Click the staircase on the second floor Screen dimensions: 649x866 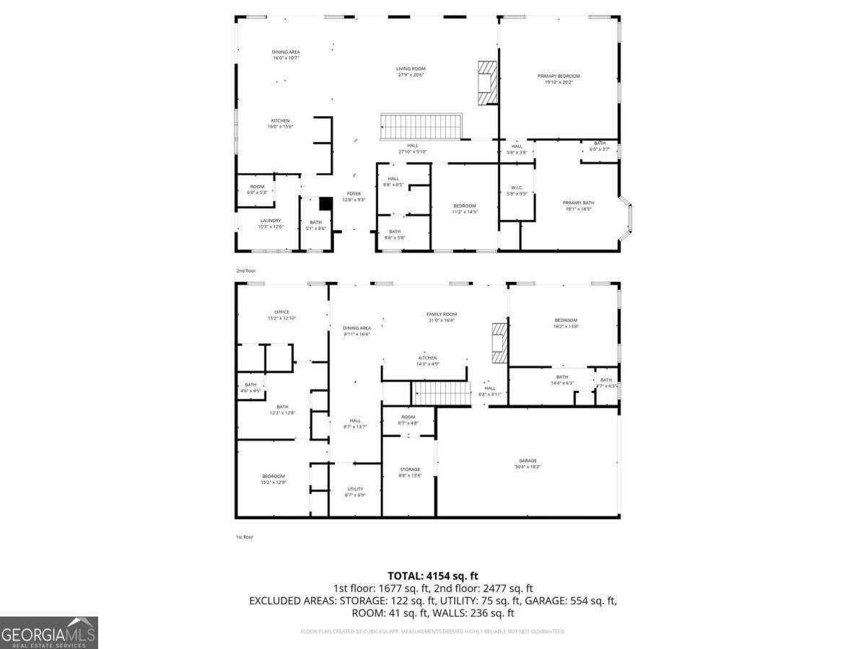click(421, 126)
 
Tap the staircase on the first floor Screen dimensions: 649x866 click(436, 394)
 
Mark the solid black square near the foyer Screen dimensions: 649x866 click(325, 204)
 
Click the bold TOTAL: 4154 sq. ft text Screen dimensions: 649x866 click(433, 575)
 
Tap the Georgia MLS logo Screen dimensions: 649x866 click(49, 632)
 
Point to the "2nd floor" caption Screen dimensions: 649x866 click(246, 270)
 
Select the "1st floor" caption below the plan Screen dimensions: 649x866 click(245, 537)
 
